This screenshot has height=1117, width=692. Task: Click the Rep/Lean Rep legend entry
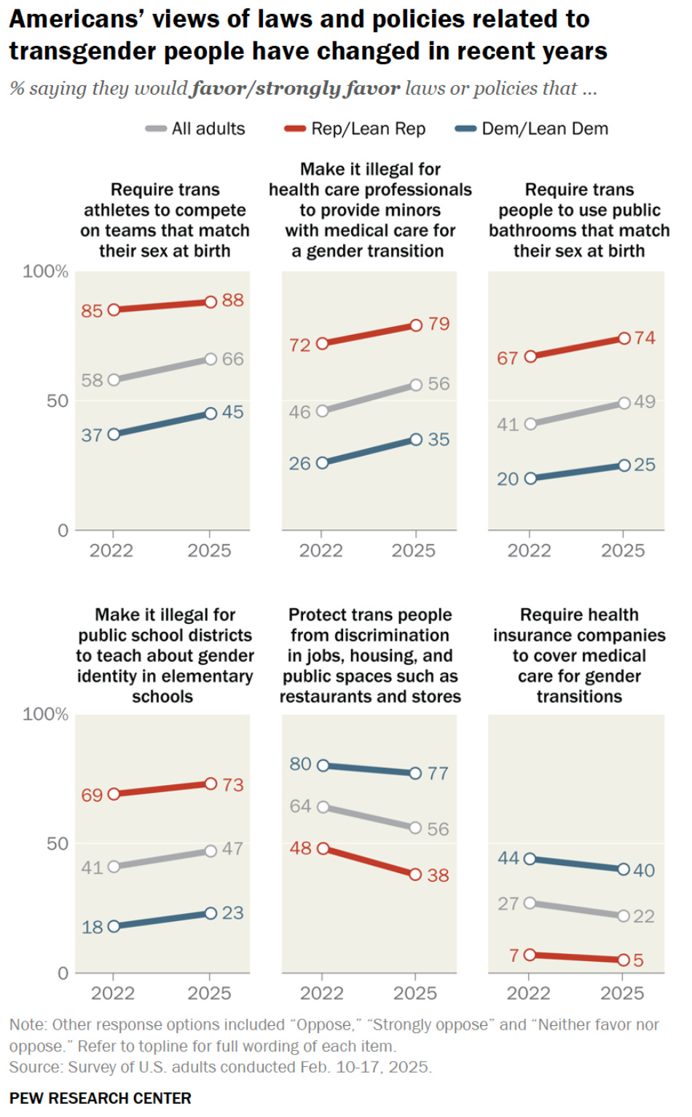pos(355,129)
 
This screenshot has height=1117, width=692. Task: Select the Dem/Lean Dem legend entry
pos(532,129)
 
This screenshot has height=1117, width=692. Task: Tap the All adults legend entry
pos(196,129)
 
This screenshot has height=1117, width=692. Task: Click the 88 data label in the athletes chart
pos(232,300)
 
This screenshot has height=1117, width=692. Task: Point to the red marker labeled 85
pos(114,310)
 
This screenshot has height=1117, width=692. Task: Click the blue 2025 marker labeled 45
pos(211,413)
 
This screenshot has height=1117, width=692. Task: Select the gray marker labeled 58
pos(114,379)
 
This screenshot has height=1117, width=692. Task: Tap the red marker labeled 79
pos(416,325)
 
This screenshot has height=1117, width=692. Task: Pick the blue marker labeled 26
pos(322,463)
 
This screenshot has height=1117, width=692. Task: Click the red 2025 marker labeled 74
pos(624,339)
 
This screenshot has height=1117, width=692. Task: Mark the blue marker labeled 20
pos(530,478)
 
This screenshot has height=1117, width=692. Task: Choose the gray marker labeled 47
pos(211,850)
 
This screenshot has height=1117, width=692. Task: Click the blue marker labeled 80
pos(323,765)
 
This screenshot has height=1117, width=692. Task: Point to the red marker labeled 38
pos(415,875)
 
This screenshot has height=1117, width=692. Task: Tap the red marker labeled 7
pos(530,955)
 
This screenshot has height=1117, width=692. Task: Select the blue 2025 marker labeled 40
pos(624,869)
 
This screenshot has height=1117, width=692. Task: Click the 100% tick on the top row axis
pos(45,272)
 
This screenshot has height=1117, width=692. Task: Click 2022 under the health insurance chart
pos(529,993)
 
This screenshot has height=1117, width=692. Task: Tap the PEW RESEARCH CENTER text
pos(101,1098)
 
